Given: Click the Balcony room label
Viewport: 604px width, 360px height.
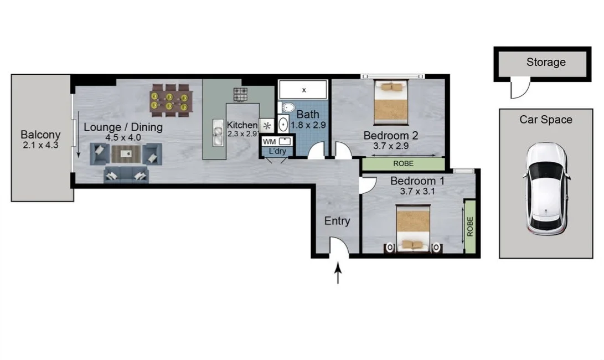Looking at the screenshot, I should [x=40, y=135].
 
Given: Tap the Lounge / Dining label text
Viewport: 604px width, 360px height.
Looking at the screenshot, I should [x=123, y=127].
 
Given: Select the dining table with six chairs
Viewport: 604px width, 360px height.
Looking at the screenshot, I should [x=169, y=101].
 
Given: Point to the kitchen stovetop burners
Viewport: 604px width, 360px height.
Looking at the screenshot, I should [x=240, y=94].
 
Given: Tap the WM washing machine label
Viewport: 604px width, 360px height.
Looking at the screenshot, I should [x=269, y=141].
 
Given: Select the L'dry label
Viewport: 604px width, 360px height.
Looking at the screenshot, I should [x=277, y=151].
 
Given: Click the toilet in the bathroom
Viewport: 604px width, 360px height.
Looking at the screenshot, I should [x=288, y=107].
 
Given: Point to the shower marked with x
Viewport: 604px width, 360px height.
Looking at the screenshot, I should [x=303, y=90].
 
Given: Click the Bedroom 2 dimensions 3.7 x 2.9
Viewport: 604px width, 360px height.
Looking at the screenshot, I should [x=390, y=147].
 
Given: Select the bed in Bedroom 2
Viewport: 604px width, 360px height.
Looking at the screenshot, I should [x=391, y=102].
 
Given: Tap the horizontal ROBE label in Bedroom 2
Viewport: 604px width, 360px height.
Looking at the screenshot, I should [x=402, y=164].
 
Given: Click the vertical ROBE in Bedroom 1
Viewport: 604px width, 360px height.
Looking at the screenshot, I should [x=470, y=227].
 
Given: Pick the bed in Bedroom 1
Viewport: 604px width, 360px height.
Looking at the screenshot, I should [x=413, y=228].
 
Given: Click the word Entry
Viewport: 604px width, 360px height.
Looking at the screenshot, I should [x=337, y=221].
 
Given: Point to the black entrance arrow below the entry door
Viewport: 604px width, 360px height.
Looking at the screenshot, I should [x=338, y=274].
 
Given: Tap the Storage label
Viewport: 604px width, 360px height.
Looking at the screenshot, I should [x=546, y=62].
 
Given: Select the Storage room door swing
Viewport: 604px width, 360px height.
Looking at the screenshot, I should [x=519, y=89].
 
